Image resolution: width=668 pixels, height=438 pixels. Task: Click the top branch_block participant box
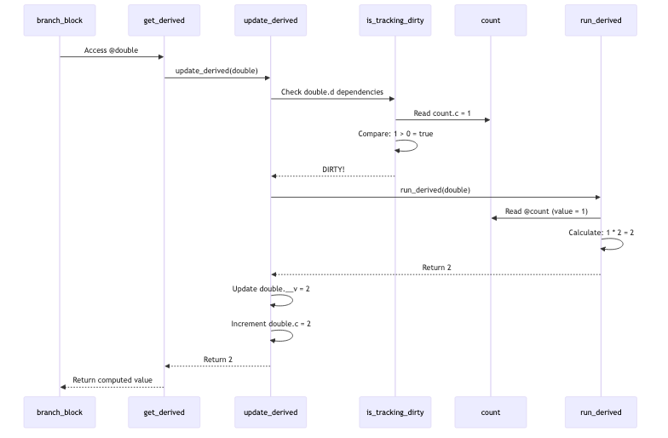point(60,20)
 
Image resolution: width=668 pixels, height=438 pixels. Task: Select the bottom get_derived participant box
point(164,412)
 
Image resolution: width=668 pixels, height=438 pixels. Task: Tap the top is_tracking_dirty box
point(395,20)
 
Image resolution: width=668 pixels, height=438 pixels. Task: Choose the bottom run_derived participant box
point(601,412)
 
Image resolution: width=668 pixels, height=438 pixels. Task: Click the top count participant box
point(491,20)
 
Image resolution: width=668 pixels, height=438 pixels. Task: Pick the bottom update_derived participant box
point(271,412)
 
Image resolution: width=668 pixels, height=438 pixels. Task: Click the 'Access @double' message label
point(111,50)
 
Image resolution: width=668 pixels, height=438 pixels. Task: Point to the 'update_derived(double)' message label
point(216,71)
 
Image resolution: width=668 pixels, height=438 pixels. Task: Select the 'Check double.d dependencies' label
point(332,92)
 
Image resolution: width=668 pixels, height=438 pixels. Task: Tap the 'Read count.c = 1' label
point(442,113)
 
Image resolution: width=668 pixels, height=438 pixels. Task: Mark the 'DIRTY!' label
point(333,170)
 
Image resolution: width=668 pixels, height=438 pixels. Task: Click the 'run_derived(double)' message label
point(435,190)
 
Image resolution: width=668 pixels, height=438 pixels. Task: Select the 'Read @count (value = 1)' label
point(546,211)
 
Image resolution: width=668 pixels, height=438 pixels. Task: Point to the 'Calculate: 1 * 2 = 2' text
point(602,232)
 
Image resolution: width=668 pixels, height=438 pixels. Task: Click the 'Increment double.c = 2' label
point(271,324)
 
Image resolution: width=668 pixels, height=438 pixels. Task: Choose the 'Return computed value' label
point(112,380)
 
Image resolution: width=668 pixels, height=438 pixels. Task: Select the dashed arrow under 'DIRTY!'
point(333,176)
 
